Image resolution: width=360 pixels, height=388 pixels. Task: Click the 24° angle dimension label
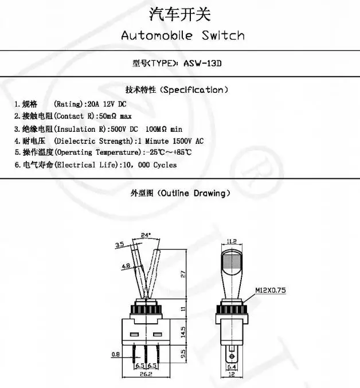click(146, 235)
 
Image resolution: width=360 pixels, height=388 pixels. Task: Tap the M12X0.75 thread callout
click(270, 291)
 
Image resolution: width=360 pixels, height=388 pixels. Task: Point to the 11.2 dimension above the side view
click(232, 241)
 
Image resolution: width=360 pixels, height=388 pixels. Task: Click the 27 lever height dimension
click(183, 275)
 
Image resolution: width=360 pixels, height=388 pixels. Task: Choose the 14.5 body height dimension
click(183, 331)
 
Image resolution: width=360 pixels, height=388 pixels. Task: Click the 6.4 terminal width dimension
click(232, 367)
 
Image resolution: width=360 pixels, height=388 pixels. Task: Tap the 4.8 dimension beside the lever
click(126, 266)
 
